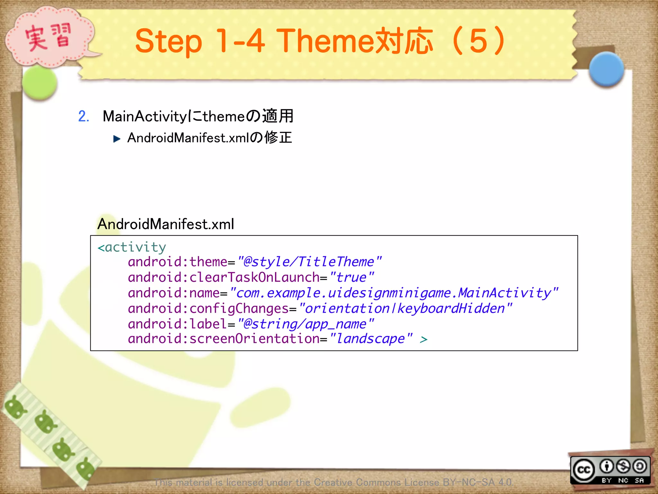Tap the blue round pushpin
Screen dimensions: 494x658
tap(606, 69)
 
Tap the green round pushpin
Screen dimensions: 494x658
tap(40, 83)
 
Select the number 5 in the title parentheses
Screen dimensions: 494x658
tap(478, 41)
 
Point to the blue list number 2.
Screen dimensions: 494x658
tap(84, 116)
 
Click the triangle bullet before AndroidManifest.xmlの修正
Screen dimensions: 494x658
tap(117, 139)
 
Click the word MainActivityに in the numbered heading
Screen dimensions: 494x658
tap(151, 116)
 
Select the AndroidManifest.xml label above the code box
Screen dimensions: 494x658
tap(165, 224)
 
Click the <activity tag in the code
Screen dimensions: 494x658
tap(132, 247)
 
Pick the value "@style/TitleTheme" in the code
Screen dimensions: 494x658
tap(309, 262)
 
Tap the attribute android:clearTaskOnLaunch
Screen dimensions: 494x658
tap(224, 277)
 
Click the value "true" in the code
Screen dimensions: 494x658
tap(351, 277)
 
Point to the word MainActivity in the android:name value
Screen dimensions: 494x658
tap(504, 293)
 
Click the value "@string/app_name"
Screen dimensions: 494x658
tap(306, 324)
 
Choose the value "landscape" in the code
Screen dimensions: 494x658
tap(371, 339)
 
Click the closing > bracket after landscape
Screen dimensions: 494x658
tap(423, 339)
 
